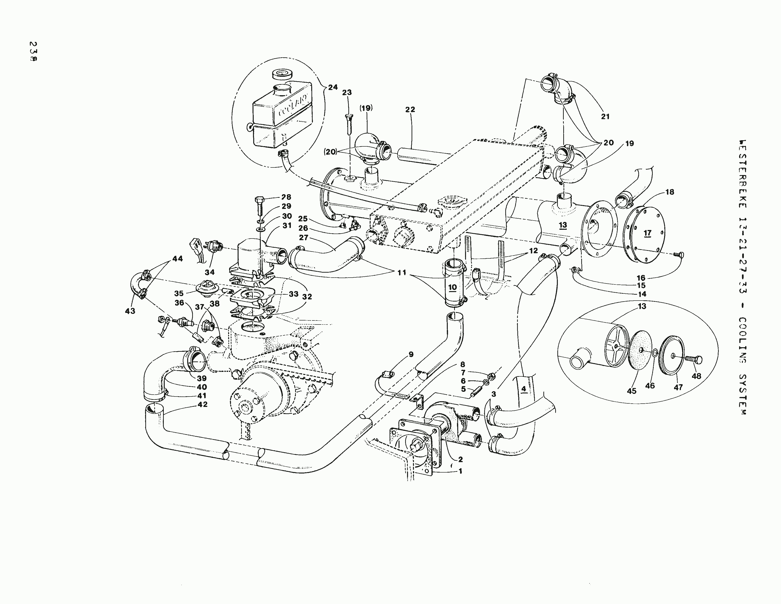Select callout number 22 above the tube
tap(410, 109)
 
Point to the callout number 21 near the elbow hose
tap(605, 117)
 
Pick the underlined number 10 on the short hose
tap(452, 287)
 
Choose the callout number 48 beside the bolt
tap(696, 376)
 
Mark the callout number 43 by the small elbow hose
tap(130, 311)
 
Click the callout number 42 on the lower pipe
tap(202, 404)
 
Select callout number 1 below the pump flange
tap(461, 471)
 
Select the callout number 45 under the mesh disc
tap(631, 391)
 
